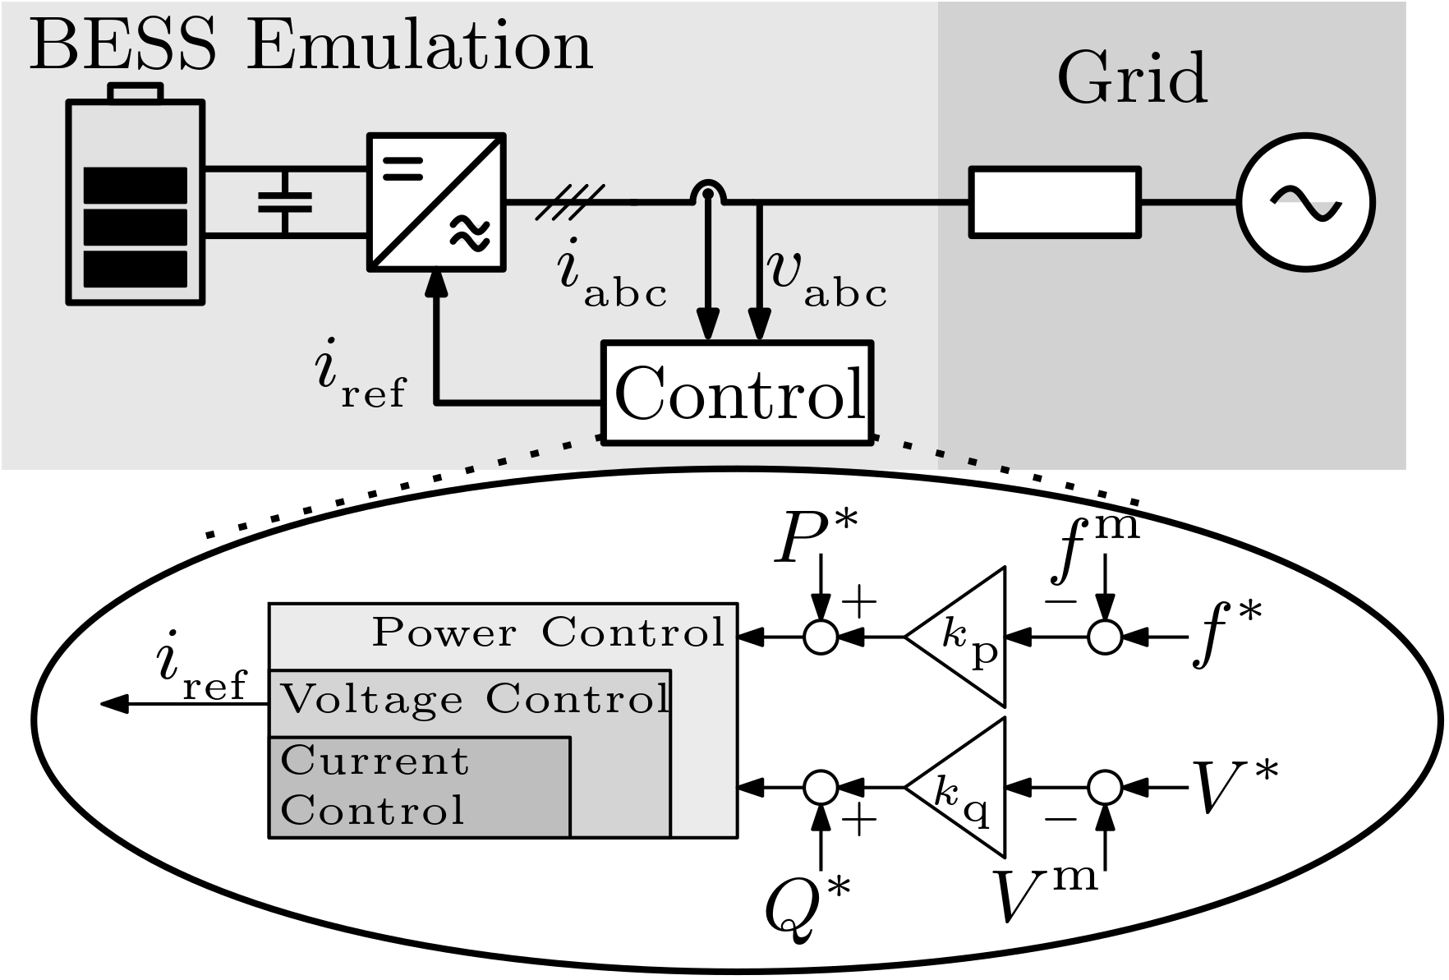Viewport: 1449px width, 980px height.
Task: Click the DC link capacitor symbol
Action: (285, 202)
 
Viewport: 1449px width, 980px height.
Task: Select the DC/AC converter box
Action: (436, 201)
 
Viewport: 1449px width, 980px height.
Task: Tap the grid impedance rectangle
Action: (1056, 202)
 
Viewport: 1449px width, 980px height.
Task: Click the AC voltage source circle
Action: (1305, 202)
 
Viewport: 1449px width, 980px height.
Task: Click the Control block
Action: (738, 393)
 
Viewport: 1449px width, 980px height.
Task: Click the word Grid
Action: (1132, 79)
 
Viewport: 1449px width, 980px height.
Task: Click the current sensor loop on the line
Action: (707, 194)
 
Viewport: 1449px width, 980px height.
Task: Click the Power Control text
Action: (549, 633)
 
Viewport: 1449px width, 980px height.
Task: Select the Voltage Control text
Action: (475, 700)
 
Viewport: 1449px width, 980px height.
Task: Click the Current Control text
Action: (375, 785)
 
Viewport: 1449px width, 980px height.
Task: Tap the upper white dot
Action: (1105, 637)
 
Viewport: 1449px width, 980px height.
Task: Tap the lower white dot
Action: (1105, 788)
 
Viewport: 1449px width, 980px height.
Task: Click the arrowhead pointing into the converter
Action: (436, 284)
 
